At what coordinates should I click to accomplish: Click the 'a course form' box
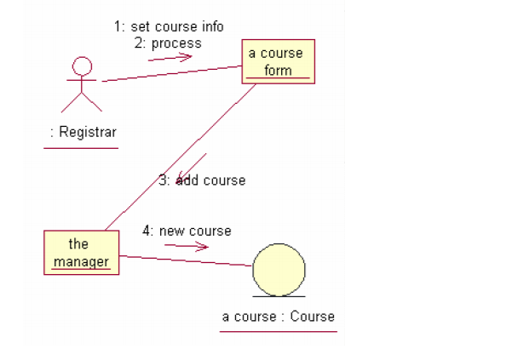(x=278, y=61)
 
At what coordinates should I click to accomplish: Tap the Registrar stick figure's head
(x=82, y=65)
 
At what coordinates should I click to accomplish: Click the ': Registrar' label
(x=82, y=132)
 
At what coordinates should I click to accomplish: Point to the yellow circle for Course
(x=279, y=268)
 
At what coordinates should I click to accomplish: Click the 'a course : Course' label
(x=279, y=317)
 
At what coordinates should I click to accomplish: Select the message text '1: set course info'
(x=169, y=26)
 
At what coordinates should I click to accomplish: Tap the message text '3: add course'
(x=202, y=180)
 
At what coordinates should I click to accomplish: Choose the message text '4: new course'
(x=187, y=231)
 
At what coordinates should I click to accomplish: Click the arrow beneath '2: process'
(x=175, y=58)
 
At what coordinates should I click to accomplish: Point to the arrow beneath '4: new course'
(x=187, y=247)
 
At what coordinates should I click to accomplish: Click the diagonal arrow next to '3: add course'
(x=192, y=169)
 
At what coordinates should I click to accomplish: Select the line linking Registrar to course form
(x=170, y=74)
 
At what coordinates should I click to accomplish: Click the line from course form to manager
(x=179, y=157)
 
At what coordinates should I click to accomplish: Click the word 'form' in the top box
(x=278, y=71)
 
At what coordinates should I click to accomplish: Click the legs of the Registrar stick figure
(x=82, y=101)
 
